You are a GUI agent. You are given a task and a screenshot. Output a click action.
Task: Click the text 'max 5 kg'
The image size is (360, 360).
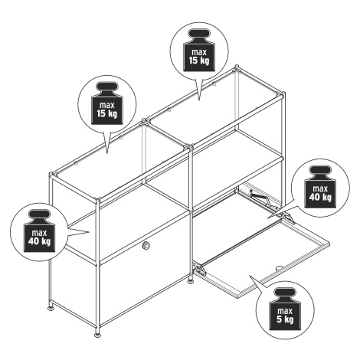(285, 316)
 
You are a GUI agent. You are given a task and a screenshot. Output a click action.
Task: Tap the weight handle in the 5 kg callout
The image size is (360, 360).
(285, 293)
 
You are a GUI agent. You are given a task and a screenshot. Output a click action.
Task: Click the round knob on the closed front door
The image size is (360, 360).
(146, 245)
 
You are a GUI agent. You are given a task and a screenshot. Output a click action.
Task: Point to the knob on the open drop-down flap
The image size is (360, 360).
(279, 268)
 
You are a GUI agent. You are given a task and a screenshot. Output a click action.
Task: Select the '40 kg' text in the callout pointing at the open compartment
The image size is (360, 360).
(319, 198)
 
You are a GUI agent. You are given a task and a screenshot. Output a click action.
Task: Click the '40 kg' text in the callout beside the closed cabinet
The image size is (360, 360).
(39, 241)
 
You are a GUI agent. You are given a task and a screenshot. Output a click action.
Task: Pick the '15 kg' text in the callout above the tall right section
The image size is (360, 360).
(199, 61)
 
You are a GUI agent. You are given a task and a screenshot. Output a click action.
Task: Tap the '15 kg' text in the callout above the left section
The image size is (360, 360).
(107, 113)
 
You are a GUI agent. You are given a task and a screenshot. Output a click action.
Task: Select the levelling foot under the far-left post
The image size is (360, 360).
(51, 308)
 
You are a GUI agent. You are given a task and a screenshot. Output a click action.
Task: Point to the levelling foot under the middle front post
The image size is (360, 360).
(191, 281)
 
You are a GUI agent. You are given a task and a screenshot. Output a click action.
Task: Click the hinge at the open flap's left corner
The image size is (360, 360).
(200, 270)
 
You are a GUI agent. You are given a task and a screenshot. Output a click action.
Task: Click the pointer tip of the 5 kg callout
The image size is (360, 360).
(250, 276)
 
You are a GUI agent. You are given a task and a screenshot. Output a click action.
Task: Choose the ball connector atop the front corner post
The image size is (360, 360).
(97, 199)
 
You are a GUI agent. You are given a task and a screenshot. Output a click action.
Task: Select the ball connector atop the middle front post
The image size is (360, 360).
(191, 147)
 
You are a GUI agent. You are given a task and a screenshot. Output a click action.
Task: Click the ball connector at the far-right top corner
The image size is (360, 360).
(283, 93)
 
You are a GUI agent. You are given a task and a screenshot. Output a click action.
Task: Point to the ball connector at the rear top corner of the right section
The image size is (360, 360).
(237, 67)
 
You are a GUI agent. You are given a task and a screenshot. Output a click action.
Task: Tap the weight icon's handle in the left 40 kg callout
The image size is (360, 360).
(39, 215)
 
